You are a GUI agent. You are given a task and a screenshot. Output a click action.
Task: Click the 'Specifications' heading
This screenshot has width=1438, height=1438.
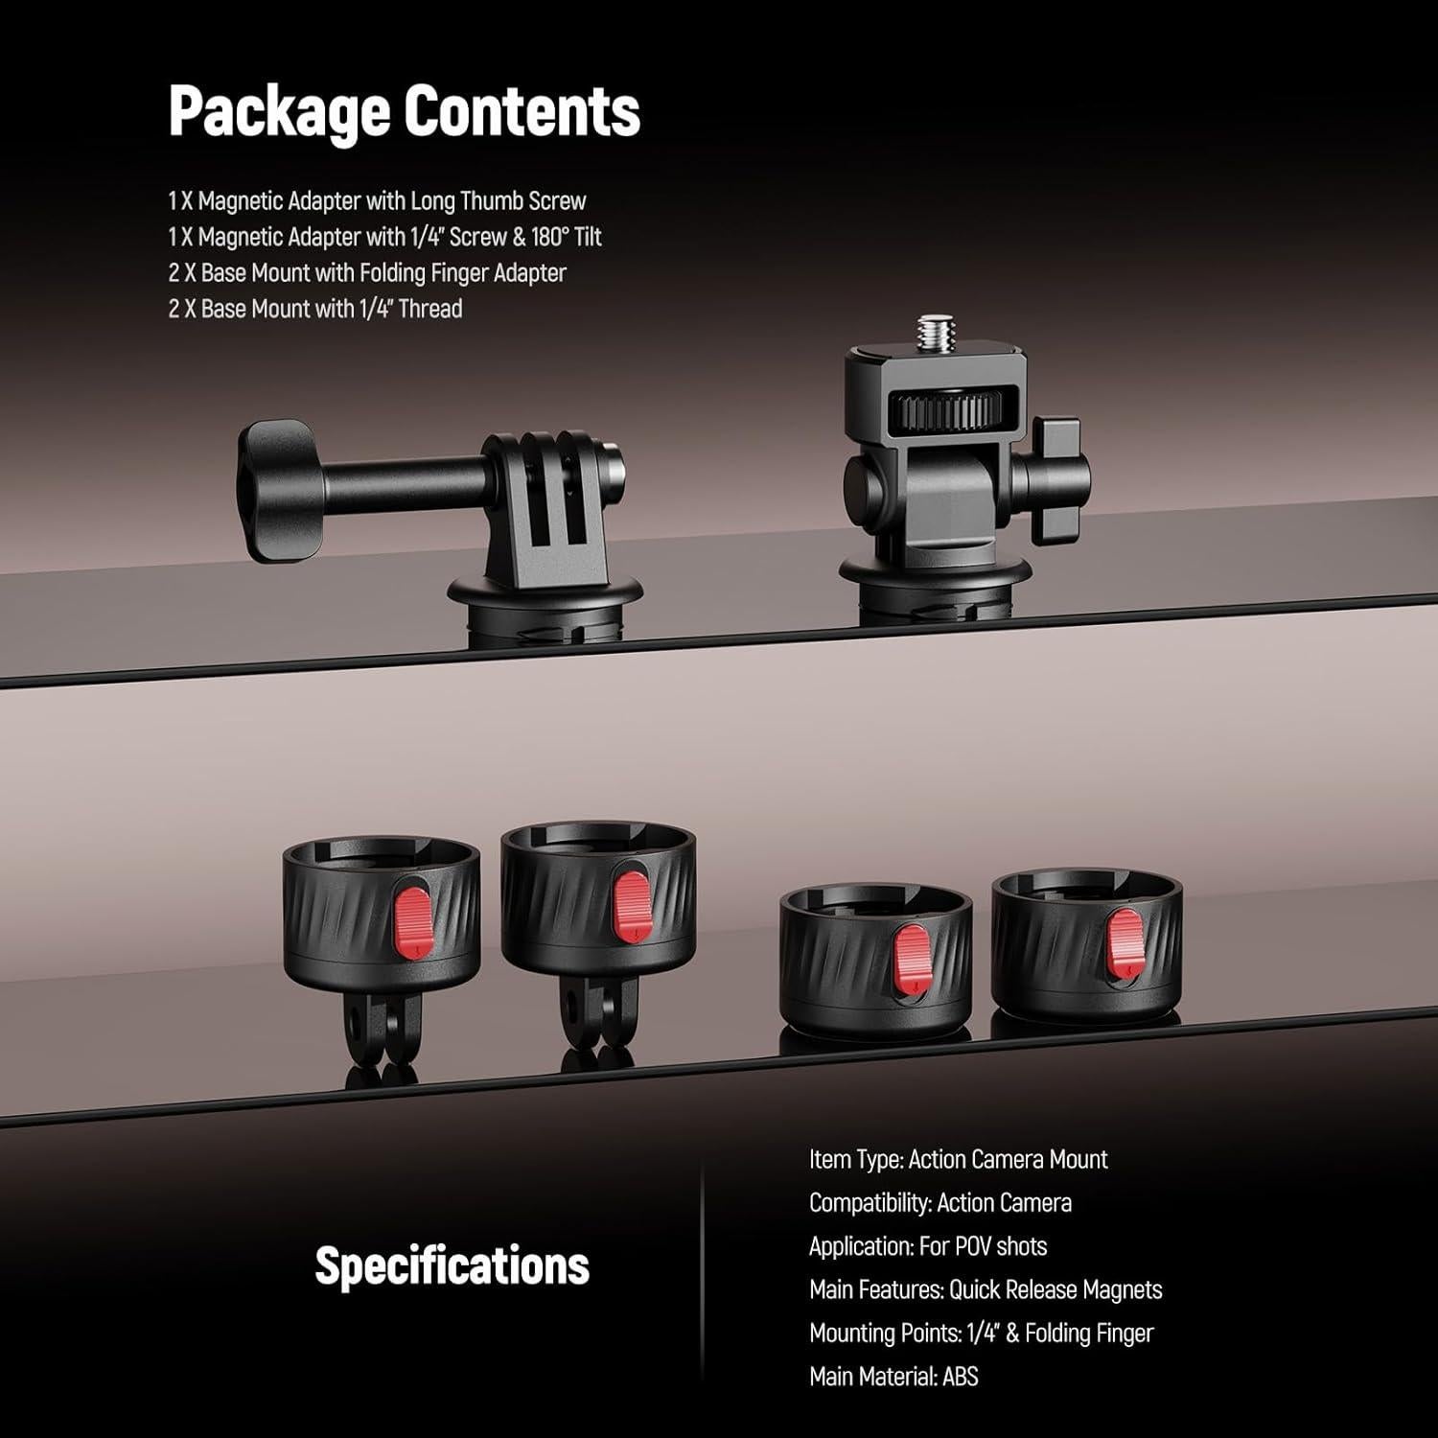[452, 1265]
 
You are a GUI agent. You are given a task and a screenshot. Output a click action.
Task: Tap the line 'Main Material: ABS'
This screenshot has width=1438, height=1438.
[893, 1377]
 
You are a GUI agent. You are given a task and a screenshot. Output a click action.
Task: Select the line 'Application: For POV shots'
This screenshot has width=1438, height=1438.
[928, 1246]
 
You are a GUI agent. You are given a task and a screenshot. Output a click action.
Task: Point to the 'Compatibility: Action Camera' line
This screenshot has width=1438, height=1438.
[940, 1202]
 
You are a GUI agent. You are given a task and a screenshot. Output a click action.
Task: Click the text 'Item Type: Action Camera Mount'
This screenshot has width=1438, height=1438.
[958, 1159]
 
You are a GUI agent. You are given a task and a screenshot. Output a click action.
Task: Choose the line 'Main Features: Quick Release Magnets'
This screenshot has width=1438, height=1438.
[986, 1289]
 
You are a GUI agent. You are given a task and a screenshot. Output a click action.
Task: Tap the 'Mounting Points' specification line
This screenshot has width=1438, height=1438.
[981, 1333]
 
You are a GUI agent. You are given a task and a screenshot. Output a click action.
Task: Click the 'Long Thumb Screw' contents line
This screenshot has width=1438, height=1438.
[377, 201]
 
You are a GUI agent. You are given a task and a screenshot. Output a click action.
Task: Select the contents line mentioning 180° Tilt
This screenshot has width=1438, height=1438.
[384, 237]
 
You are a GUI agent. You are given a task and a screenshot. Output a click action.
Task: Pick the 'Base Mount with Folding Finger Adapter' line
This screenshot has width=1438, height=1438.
[367, 273]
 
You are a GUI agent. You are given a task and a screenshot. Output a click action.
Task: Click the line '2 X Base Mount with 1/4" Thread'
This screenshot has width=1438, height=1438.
[315, 309]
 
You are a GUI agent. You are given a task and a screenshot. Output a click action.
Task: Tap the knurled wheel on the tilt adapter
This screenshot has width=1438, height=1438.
[940, 413]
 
